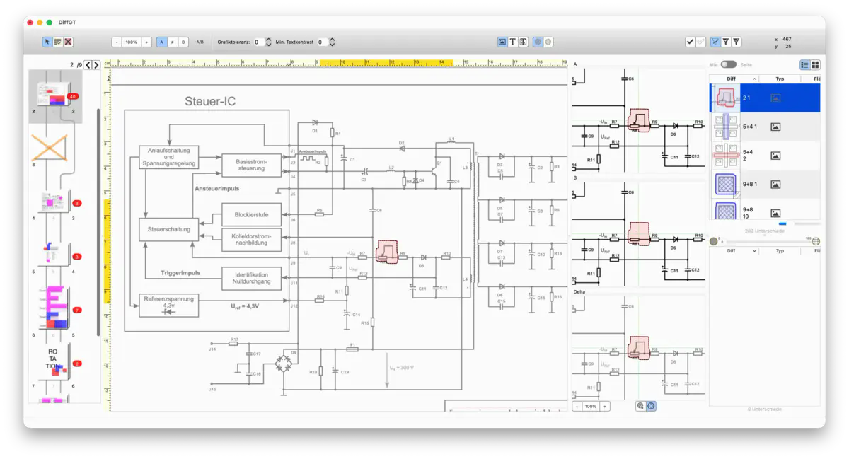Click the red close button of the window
pyautogui.click(x=30, y=23)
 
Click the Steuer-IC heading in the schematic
pyautogui.click(x=210, y=101)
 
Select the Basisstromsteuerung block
pyautogui.click(x=252, y=165)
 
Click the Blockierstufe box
pyautogui.click(x=251, y=214)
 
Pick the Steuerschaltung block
pyautogui.click(x=168, y=229)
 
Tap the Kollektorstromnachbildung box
pyautogui.click(x=251, y=240)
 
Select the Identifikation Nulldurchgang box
pyautogui.click(x=251, y=278)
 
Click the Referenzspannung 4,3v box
pyautogui.click(x=168, y=305)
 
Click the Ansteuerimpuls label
pyautogui.click(x=216, y=189)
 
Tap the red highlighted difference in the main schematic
pyautogui.click(x=387, y=251)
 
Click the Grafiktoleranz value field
pyautogui.click(x=259, y=42)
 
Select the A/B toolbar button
pyautogui.click(x=200, y=42)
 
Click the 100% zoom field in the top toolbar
pyautogui.click(x=131, y=42)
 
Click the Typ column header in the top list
pyautogui.click(x=780, y=79)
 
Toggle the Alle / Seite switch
pyautogui.click(x=728, y=64)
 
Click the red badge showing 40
pyautogui.click(x=72, y=96)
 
